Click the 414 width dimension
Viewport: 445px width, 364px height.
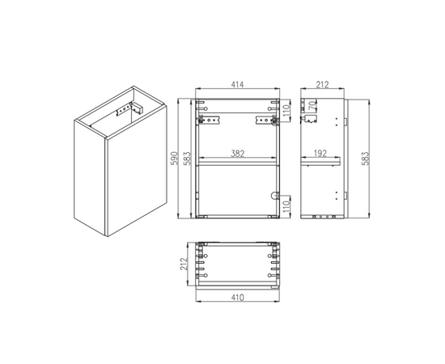pyautogui.click(x=237, y=85)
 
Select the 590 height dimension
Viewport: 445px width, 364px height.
pyautogui.click(x=175, y=159)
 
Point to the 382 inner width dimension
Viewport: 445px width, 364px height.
pyautogui.click(x=238, y=154)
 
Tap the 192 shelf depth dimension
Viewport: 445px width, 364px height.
pyautogui.click(x=320, y=154)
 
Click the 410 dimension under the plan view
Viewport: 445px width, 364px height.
pyautogui.click(x=237, y=298)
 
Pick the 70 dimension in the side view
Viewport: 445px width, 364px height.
pyautogui.click(x=312, y=105)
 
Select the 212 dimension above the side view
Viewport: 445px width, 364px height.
pyautogui.click(x=322, y=85)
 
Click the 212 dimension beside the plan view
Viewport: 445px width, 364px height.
pyautogui.click(x=184, y=264)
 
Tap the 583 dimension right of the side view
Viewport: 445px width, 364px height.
pyautogui.click(x=366, y=159)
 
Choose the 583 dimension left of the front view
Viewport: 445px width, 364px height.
pyautogui.click(x=188, y=159)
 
